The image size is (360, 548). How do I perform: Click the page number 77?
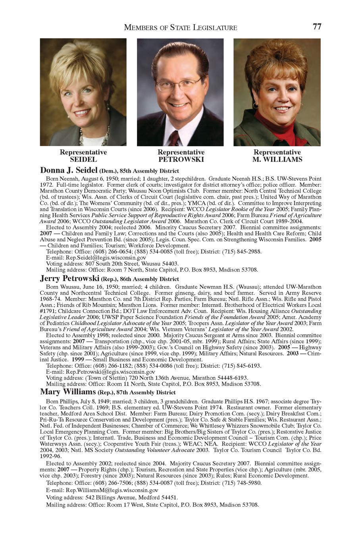317,27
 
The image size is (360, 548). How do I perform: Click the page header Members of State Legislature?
181,27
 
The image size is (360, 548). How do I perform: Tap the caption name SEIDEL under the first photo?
83,160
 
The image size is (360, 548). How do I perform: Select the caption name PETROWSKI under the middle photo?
181,160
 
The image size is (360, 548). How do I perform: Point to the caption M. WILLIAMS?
277,160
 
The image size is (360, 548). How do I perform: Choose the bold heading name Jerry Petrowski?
70,279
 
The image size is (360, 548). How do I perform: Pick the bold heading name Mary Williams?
68,392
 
